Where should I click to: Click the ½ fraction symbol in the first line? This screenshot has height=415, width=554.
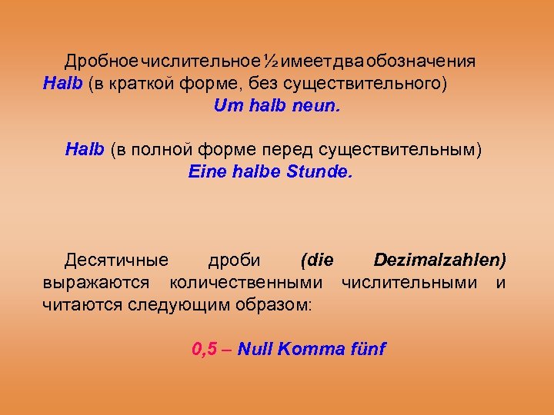point(271,61)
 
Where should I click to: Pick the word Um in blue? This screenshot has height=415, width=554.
point(228,105)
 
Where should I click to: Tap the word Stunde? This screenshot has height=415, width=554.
point(319,171)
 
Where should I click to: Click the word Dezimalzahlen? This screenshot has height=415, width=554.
point(439,261)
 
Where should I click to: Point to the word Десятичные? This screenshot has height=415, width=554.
point(108,261)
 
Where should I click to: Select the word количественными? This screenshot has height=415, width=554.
point(246,283)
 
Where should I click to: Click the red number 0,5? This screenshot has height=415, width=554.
point(204,350)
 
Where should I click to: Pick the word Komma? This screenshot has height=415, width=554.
point(307,350)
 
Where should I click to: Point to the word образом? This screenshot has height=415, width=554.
point(275,305)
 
